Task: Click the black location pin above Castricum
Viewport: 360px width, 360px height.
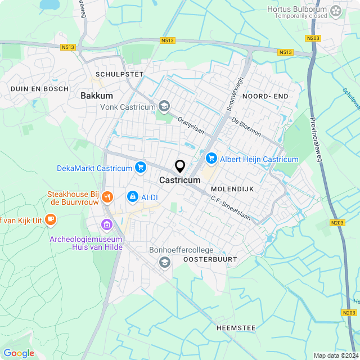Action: tap(180, 166)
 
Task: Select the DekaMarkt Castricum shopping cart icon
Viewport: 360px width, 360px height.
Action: tap(140, 167)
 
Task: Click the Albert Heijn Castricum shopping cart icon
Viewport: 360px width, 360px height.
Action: tap(211, 159)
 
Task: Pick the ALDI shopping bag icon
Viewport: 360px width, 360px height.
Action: tap(133, 197)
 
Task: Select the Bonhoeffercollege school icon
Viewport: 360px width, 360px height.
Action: tap(164, 262)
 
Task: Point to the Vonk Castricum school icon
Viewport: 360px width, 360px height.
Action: tap(164, 106)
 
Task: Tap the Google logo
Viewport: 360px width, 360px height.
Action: tap(19, 353)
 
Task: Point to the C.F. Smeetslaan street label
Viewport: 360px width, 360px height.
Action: tap(231, 208)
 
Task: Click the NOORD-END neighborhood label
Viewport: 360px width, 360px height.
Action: tap(265, 97)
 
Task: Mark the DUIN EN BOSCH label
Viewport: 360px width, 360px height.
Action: tap(39, 89)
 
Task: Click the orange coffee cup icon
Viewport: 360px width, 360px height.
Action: tap(51, 219)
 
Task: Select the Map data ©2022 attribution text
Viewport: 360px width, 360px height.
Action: tap(336, 355)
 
